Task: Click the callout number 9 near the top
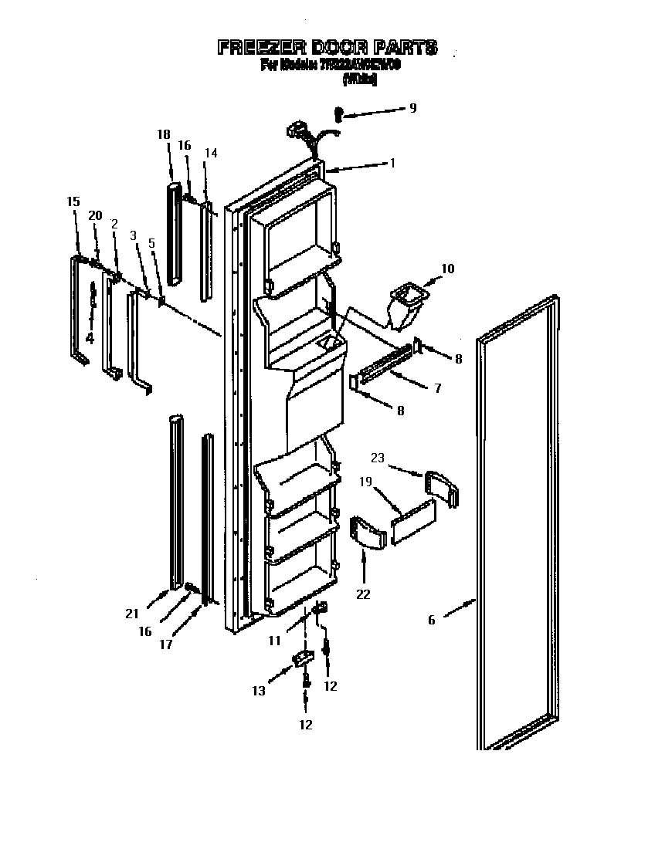pyautogui.click(x=412, y=108)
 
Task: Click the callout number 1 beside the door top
pyautogui.click(x=392, y=163)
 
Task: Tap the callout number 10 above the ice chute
pyautogui.click(x=448, y=269)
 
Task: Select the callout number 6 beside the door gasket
pyautogui.click(x=431, y=620)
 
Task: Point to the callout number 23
pyautogui.click(x=378, y=458)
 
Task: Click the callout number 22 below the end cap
pyautogui.click(x=363, y=594)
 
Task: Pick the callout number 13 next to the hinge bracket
pyautogui.click(x=259, y=691)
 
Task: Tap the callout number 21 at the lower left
pyautogui.click(x=132, y=614)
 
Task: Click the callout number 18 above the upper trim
pyautogui.click(x=163, y=134)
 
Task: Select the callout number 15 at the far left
pyautogui.click(x=73, y=201)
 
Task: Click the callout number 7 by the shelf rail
pyautogui.click(x=437, y=388)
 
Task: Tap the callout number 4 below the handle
pyautogui.click(x=90, y=337)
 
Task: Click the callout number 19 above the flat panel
pyautogui.click(x=365, y=482)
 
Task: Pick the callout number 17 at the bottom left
pyautogui.click(x=165, y=644)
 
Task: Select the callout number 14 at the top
pyautogui.click(x=211, y=153)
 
